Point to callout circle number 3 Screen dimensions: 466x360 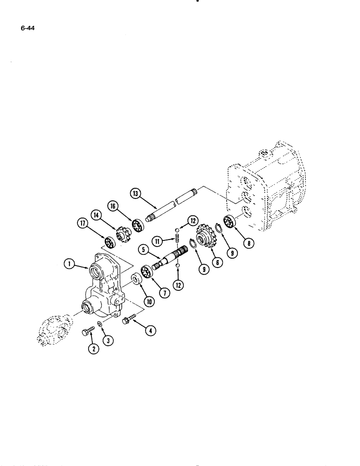tap(110, 341)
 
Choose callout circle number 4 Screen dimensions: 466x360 tap(151, 331)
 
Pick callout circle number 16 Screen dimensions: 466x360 tap(112, 206)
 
